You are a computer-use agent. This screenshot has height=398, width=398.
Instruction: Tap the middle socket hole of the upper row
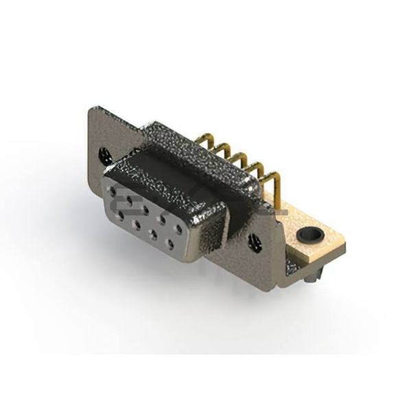(x=146, y=207)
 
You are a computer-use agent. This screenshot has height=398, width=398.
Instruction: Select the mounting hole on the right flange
(x=254, y=242)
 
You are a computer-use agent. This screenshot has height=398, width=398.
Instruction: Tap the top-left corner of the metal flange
(x=91, y=110)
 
